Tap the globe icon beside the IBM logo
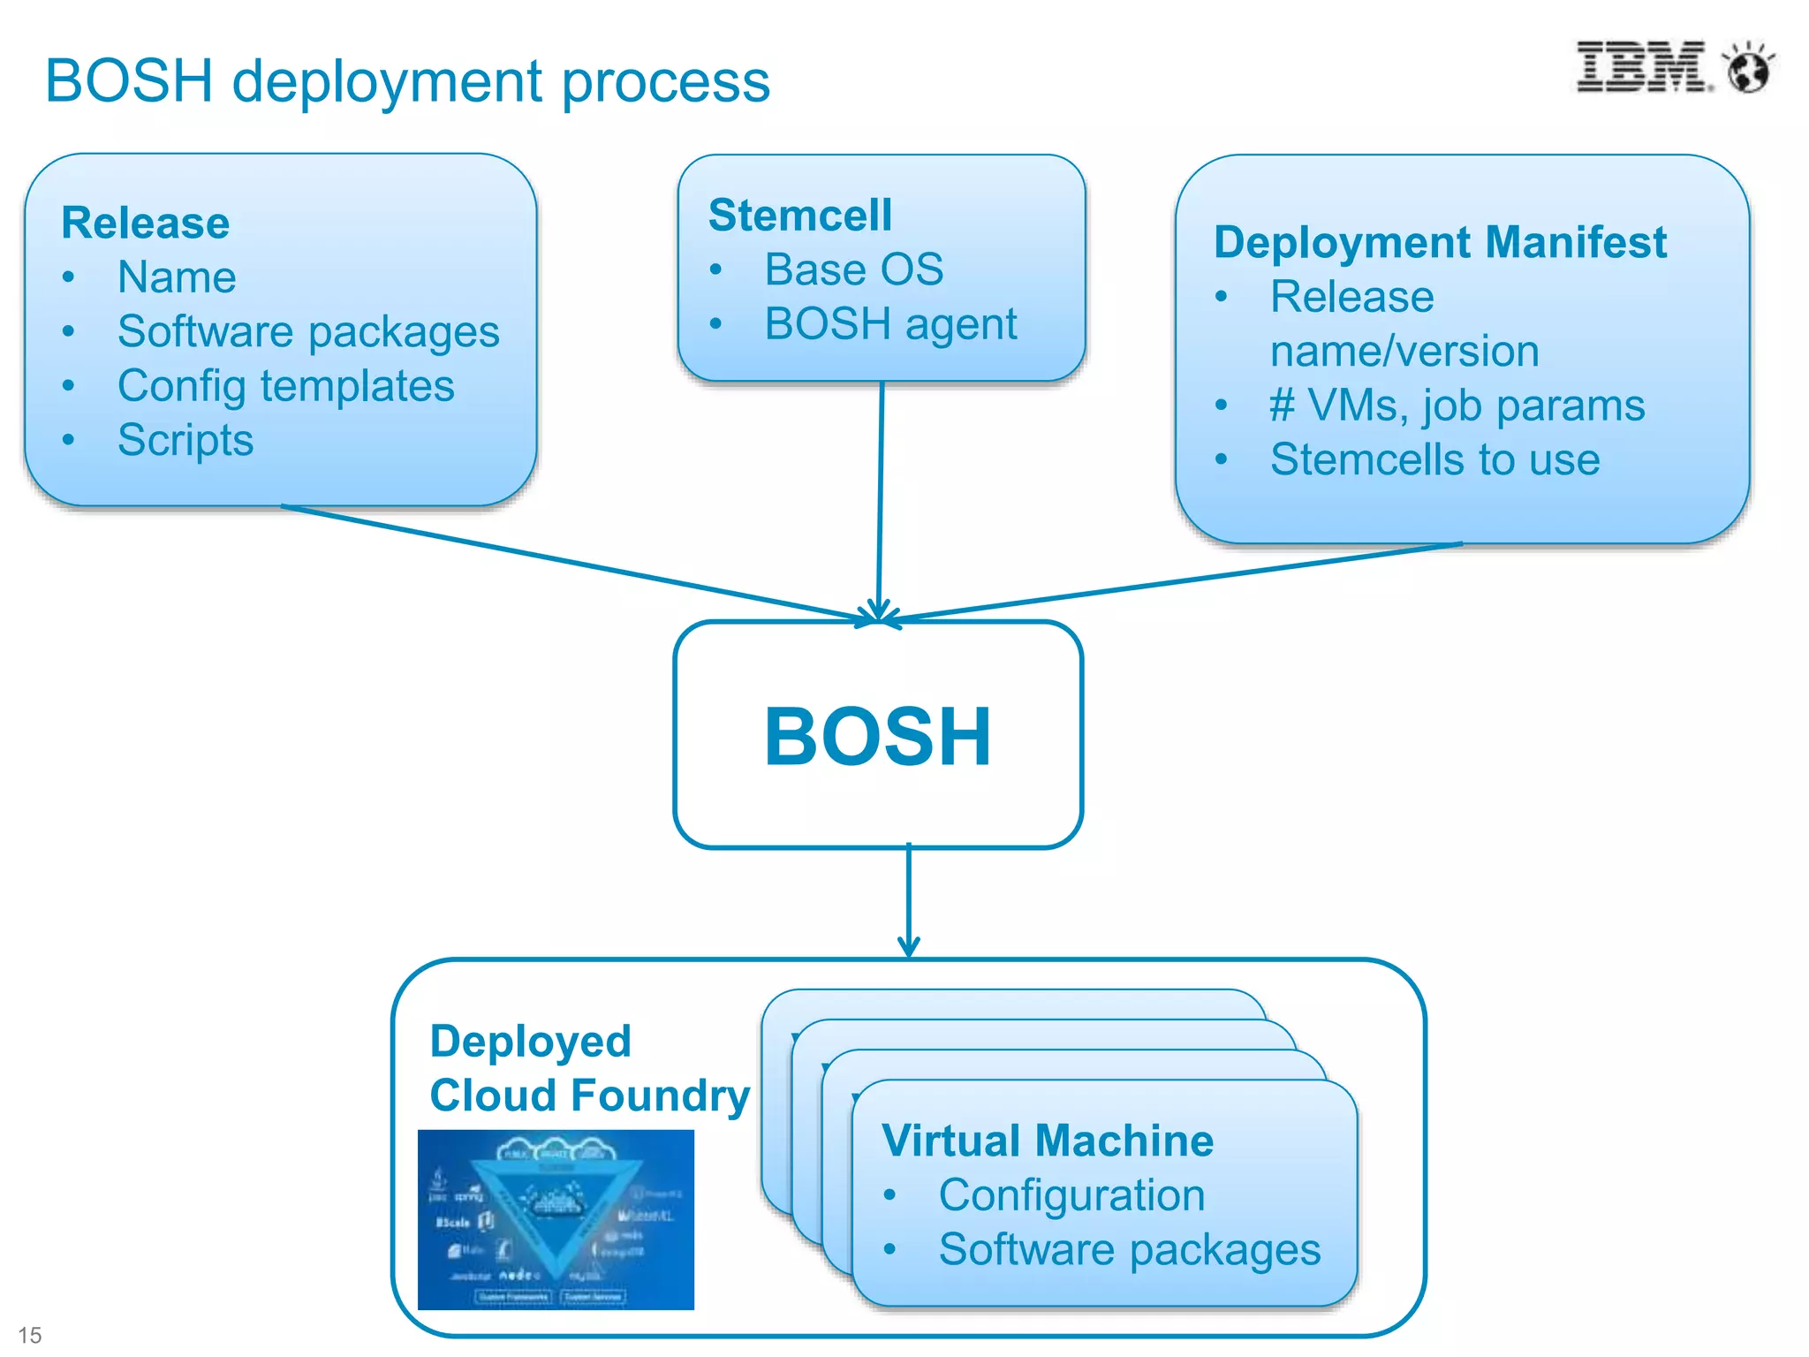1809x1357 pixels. (1749, 69)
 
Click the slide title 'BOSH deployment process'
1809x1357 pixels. (407, 81)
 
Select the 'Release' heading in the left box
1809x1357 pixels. (146, 223)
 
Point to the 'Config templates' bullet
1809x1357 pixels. (285, 386)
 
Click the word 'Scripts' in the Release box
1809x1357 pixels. (185, 440)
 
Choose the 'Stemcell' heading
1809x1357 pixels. (800, 216)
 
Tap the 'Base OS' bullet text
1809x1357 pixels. (853, 269)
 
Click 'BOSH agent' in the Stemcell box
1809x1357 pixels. (890, 324)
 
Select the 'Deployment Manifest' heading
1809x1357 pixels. (1440, 242)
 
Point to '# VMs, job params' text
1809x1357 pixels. (1457, 406)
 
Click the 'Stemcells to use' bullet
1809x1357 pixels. (1434, 460)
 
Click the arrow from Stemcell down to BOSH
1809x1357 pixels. (881, 495)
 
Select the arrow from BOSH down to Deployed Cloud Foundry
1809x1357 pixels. (909, 901)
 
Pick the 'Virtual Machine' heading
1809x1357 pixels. (1048, 1141)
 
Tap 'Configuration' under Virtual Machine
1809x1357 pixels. (1071, 1195)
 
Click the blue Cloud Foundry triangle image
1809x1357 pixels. (556, 1219)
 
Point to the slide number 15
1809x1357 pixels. (30, 1335)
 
